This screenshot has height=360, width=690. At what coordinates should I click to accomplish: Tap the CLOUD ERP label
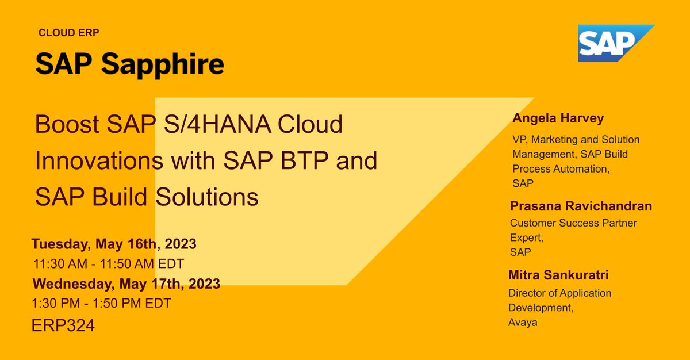pyautogui.click(x=69, y=33)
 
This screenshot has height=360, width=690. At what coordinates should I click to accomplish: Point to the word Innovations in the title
pyautogui.click(x=98, y=161)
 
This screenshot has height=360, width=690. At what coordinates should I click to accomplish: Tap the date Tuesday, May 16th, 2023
pyautogui.click(x=114, y=244)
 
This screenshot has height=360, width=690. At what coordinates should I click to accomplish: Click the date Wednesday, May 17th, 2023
pyautogui.click(x=126, y=284)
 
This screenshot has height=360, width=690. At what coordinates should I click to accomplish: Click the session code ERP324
pyautogui.click(x=63, y=325)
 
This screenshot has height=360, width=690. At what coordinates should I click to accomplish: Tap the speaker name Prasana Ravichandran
pyautogui.click(x=581, y=206)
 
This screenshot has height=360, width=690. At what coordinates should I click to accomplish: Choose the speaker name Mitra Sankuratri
pyautogui.click(x=558, y=275)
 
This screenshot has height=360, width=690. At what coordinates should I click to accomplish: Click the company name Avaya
pyautogui.click(x=523, y=323)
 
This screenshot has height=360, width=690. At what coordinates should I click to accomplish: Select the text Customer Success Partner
pyautogui.click(x=573, y=223)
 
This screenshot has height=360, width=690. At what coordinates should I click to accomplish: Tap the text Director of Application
pyautogui.click(x=559, y=293)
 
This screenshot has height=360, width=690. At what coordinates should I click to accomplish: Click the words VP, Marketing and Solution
pyautogui.click(x=576, y=140)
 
